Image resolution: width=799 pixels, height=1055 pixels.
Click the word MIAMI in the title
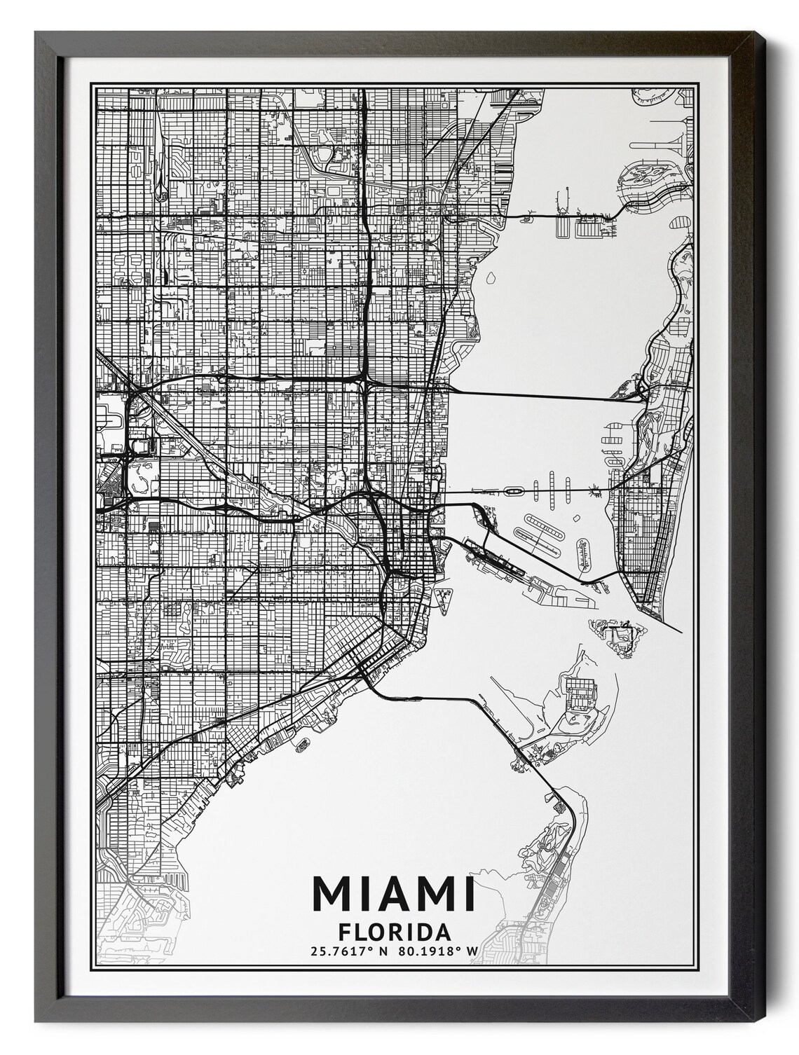[393, 895]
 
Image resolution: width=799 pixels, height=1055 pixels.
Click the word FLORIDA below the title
[393, 932]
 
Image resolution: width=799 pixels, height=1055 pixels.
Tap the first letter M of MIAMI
[331, 895]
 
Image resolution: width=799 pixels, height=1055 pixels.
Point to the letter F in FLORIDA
[344, 932]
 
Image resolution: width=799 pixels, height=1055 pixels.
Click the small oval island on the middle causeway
[514, 492]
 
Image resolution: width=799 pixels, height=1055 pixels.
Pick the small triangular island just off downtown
[442, 598]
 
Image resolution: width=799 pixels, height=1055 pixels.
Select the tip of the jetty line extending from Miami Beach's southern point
[682, 632]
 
